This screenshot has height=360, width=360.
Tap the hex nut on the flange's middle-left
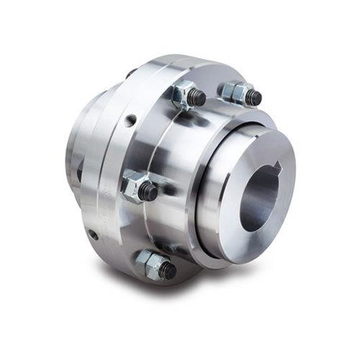click(x=135, y=188)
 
